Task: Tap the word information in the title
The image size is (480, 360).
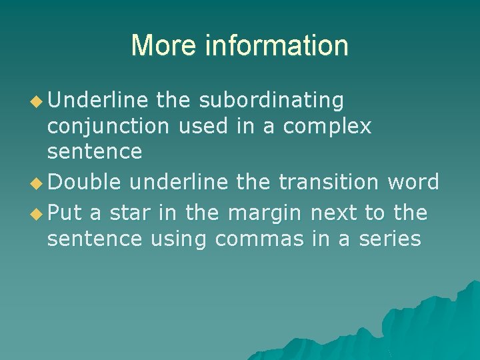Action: [x=277, y=45]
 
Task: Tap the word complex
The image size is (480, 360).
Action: [x=327, y=126]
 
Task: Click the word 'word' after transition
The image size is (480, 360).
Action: [x=413, y=181]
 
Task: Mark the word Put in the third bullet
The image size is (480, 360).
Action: [x=65, y=213]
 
